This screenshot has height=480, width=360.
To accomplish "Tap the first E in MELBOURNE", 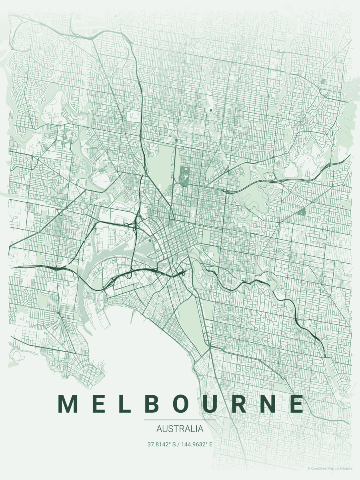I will [99, 404].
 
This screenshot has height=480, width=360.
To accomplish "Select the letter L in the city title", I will [126, 404].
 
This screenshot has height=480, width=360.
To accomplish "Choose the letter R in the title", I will [242, 404].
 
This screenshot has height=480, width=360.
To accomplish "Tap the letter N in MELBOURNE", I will [271, 404].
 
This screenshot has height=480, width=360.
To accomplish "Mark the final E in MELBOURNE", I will [297, 404].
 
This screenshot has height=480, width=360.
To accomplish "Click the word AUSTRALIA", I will [180, 429].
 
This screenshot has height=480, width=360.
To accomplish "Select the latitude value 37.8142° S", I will [162, 444].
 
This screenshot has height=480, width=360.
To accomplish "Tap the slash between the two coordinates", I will [179, 444].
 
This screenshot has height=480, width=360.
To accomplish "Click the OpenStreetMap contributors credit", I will [330, 468].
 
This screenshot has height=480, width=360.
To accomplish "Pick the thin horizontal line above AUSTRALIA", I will [180, 420].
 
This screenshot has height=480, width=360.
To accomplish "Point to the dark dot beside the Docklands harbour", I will [150, 240].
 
